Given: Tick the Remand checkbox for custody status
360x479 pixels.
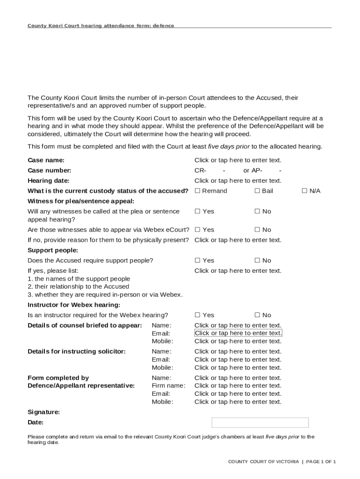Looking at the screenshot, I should [197, 191].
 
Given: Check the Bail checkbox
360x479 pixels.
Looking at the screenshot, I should [257, 191].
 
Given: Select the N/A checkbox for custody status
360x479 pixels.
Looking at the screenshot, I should [304, 191].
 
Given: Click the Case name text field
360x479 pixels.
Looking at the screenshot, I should [238, 160].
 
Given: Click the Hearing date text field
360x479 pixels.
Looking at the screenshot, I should [238, 181].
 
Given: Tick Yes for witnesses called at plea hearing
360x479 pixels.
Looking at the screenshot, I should [197, 211].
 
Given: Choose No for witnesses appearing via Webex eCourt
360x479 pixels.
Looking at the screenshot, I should [257, 230].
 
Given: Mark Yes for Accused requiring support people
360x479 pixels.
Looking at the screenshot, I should [197, 261].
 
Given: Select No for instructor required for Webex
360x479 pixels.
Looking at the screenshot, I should [257, 315].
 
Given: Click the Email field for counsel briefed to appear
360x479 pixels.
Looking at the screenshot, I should [238, 333].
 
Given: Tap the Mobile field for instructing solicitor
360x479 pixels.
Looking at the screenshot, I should [238, 368].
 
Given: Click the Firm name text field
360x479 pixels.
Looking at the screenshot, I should [238, 385].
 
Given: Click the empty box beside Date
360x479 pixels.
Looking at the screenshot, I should [260, 422].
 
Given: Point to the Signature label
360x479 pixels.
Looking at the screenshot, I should [43, 412].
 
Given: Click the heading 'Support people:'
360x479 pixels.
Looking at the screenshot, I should [53, 250].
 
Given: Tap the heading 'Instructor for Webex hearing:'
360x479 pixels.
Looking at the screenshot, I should [74, 305].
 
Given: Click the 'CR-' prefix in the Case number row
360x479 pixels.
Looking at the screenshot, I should [200, 170].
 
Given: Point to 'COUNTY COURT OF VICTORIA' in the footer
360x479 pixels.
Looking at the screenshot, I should [263, 462].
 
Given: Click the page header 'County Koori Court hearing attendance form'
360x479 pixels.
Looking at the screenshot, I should [101, 26].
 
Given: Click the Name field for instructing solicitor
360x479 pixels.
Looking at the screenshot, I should [238, 351].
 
